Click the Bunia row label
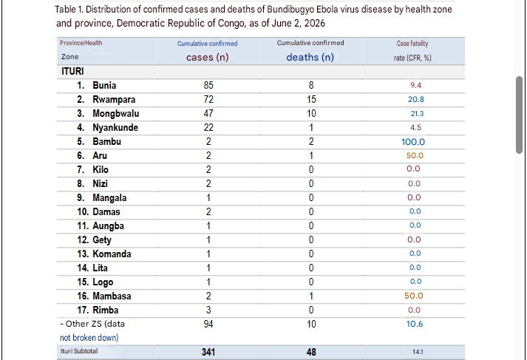[104, 85]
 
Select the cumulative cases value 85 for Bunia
[208, 85]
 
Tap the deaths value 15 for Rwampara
[311, 100]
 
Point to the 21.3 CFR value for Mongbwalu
[417, 114]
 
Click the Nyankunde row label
[115, 128]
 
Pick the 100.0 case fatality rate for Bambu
[413, 142]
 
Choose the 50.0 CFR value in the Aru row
[415, 156]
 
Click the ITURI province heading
[72, 71]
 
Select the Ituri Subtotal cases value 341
[208, 352]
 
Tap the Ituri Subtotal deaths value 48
[311, 352]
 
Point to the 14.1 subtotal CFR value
[418, 352]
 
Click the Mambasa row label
[112, 296]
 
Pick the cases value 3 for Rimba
[208, 310]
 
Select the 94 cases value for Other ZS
[208, 324]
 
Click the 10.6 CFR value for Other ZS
[415, 324]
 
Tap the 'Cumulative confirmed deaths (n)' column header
[310, 50]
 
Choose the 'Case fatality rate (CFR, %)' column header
[412, 51]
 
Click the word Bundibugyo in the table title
[290, 10]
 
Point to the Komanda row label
[112, 254]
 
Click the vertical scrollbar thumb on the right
[520, 115]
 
